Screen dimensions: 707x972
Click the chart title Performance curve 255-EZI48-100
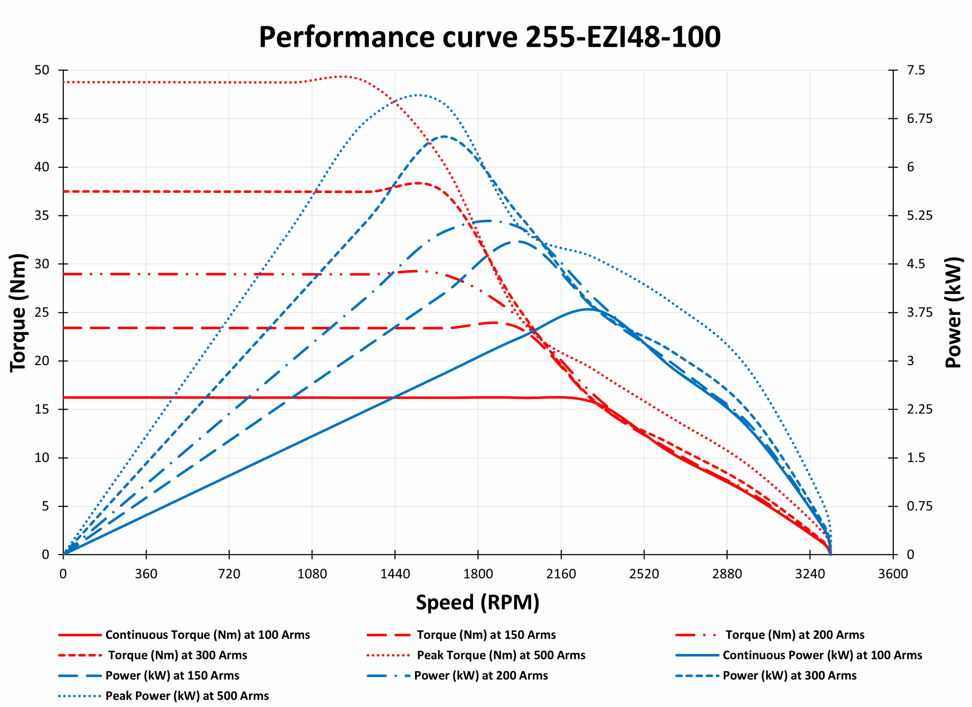pyautogui.click(x=489, y=37)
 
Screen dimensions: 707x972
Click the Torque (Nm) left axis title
pyautogui.click(x=18, y=313)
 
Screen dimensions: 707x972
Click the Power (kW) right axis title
pyautogui.click(x=954, y=313)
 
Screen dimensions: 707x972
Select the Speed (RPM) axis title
pyautogui.click(x=477, y=603)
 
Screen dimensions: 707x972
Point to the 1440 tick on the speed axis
pyautogui.click(x=395, y=574)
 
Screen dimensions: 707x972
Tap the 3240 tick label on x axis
pyautogui.click(x=809, y=574)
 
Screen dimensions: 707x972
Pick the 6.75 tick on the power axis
pyautogui.click(x=919, y=119)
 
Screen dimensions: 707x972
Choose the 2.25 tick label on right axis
pyautogui.click(x=919, y=410)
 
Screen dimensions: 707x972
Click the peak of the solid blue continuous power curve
pyautogui.click(x=589, y=309)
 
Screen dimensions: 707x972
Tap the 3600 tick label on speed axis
pyautogui.click(x=893, y=574)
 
